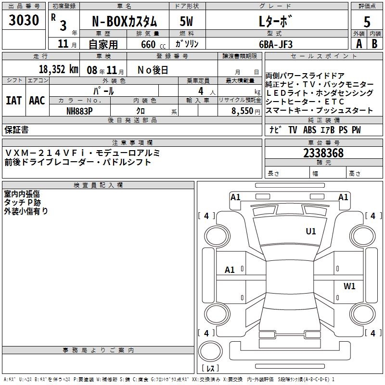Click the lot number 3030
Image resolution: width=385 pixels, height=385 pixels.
tap(24, 21)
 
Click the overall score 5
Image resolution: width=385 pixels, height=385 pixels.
tap(367, 22)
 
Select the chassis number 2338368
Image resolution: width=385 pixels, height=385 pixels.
tap(323, 154)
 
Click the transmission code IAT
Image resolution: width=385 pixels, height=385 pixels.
tap(13, 101)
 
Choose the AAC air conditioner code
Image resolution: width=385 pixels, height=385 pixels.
tap(37, 101)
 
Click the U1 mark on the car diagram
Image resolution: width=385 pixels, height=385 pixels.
tap(311, 231)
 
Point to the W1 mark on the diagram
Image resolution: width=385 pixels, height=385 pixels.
tap(349, 286)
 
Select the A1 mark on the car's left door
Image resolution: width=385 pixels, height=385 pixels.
tap(230, 270)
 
